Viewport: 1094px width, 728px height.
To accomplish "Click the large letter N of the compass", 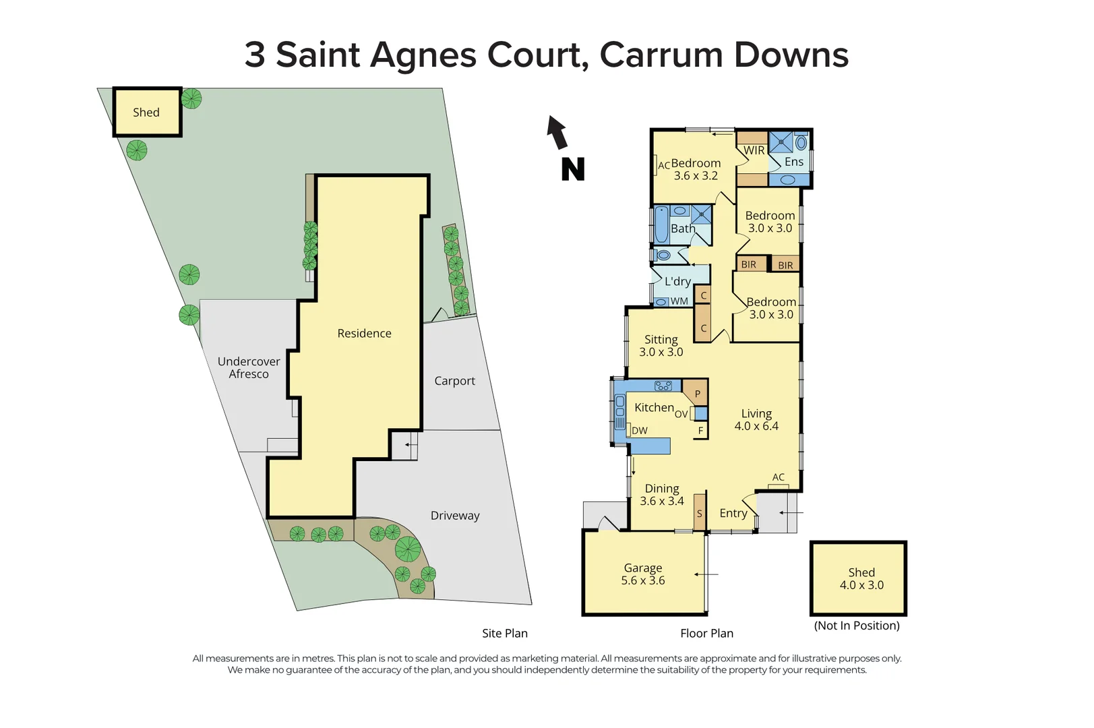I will (572, 169).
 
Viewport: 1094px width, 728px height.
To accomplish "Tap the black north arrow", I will (557, 131).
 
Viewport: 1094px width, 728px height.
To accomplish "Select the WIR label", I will (754, 150).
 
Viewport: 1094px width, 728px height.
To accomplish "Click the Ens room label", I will (794, 162).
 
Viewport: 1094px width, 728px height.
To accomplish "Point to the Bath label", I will (683, 229).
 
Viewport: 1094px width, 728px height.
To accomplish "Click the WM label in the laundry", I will (679, 301).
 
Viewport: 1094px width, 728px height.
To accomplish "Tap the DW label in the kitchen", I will (640, 430).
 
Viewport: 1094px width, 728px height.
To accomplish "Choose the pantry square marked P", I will (697, 394).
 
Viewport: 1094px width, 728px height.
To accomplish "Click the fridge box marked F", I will (700, 430).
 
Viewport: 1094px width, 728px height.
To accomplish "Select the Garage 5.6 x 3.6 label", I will (643, 574).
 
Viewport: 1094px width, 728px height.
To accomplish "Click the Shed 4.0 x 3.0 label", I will (861, 579).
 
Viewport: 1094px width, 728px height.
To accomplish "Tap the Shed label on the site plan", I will (146, 113).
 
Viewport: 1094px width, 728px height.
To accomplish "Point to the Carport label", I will (454, 381).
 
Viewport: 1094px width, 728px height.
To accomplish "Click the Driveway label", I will (455, 516).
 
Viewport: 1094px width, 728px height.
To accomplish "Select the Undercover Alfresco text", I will (249, 367).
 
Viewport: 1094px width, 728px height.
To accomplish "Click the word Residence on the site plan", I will (364, 333).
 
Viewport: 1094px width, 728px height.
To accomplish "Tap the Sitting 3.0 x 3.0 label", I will (661, 346).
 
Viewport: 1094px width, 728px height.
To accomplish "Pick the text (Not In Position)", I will (857, 626).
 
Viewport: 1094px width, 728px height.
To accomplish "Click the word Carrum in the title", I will (661, 55).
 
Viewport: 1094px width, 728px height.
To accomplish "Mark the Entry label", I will (733, 514).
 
